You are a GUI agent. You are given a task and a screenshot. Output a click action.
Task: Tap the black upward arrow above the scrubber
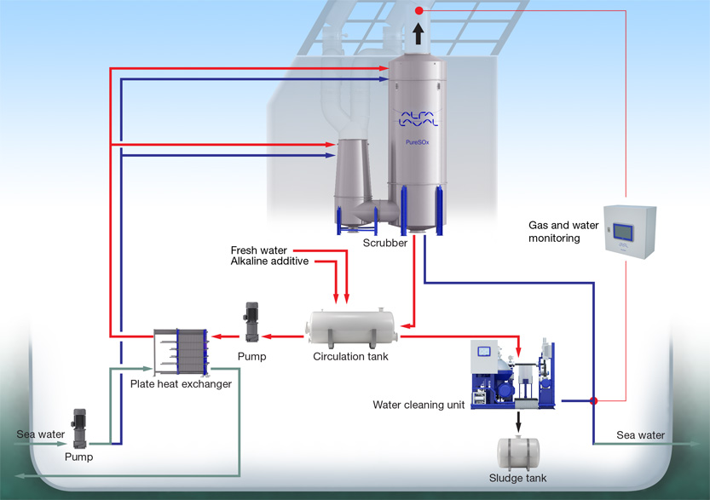coord(418,33)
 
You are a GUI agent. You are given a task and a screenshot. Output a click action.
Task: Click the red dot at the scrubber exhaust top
coord(418,10)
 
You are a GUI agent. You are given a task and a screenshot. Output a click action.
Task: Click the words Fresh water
coord(259,250)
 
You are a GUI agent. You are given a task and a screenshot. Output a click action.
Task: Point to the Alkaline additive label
coord(269,261)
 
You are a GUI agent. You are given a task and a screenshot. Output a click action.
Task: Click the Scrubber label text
coord(384,243)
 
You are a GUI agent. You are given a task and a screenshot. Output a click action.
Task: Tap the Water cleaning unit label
coord(418,405)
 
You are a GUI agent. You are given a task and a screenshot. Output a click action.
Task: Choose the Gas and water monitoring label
coord(563,232)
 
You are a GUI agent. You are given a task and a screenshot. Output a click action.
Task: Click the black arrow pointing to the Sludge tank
coord(518,421)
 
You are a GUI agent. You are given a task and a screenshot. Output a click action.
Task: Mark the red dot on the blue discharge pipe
coord(593,399)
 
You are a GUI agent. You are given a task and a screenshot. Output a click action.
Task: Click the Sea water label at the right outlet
coord(640,435)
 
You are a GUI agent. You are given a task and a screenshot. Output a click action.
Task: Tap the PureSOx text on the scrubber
coord(417,142)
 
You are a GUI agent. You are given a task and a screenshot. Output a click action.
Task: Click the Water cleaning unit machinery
coord(513,375)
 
